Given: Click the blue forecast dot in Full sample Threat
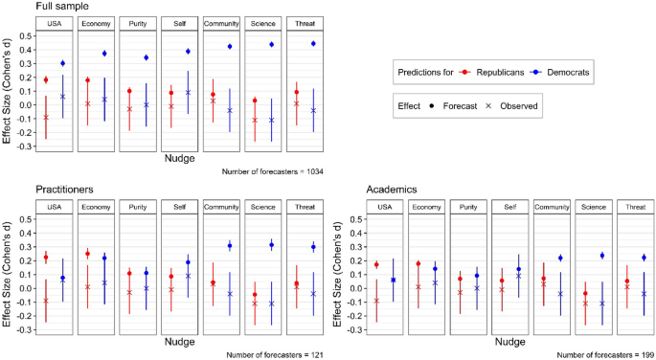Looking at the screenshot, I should coord(313,44).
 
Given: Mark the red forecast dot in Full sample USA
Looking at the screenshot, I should coord(45,79).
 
